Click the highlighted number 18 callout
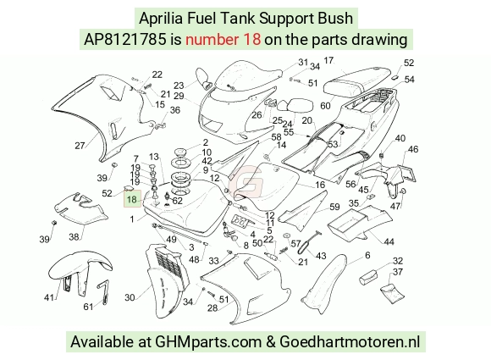click(x=132, y=199)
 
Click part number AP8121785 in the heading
click(x=125, y=40)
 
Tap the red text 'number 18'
click(x=223, y=40)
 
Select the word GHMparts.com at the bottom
click(x=208, y=341)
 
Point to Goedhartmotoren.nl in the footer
click(x=350, y=341)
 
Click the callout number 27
click(x=80, y=146)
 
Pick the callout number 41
click(x=49, y=297)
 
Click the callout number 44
click(x=389, y=241)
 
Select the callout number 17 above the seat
click(x=328, y=60)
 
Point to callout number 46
click(x=413, y=149)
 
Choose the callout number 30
click(x=130, y=297)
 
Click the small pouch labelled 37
click(x=393, y=293)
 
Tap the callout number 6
click(x=367, y=255)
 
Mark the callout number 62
click(x=177, y=201)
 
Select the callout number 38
click(x=74, y=236)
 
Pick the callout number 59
click(x=334, y=207)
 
